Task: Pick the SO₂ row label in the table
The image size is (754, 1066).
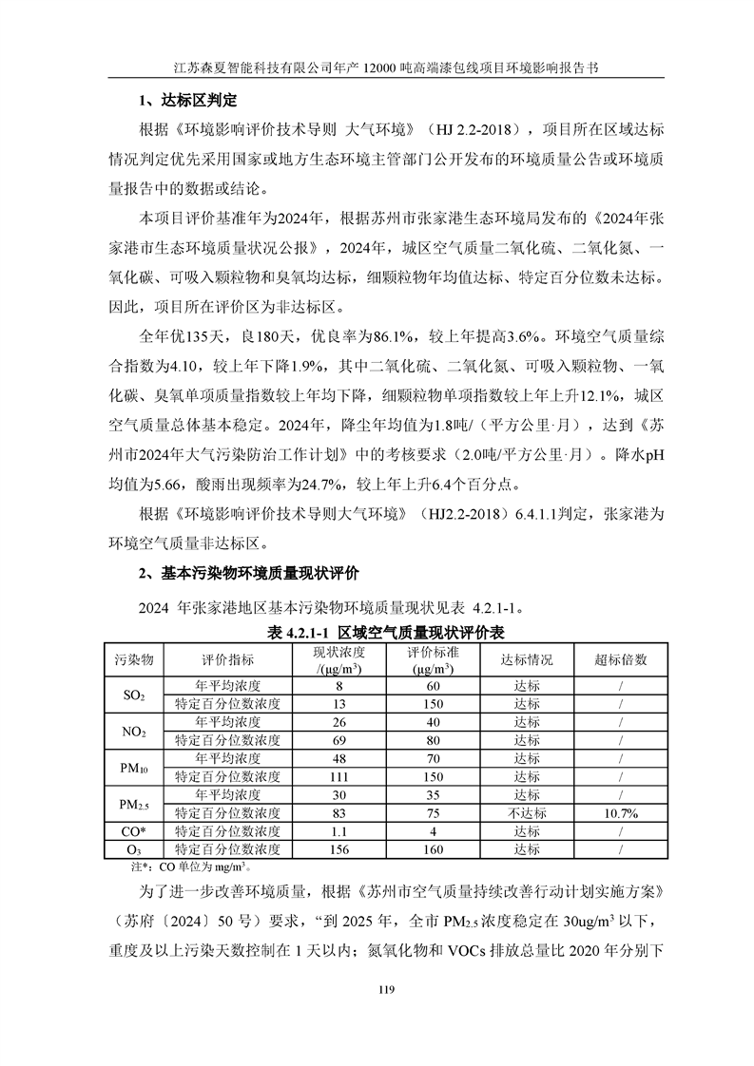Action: [134, 695]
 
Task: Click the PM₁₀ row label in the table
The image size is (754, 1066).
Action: [134, 767]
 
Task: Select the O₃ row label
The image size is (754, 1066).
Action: [134, 848]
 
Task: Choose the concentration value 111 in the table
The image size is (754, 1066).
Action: [338, 776]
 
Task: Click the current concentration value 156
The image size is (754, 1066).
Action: [338, 848]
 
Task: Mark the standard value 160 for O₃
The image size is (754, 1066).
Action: [433, 848]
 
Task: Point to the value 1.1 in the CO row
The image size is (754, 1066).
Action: [338, 830]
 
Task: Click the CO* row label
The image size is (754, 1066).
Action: [134, 830]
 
